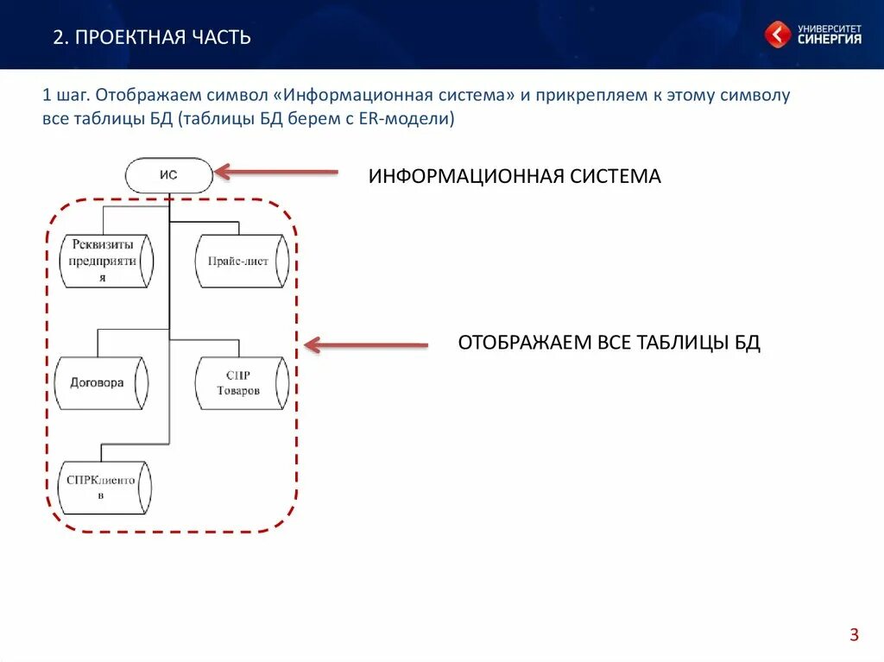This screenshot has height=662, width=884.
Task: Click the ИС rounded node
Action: [169, 175]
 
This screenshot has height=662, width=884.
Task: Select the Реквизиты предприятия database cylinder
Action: [106, 261]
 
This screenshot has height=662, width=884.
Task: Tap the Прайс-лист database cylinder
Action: [242, 261]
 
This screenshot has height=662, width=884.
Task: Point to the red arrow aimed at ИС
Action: [276, 172]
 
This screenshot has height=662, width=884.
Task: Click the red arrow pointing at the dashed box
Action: [366, 345]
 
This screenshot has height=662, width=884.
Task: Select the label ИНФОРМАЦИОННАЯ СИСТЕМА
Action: [515, 177]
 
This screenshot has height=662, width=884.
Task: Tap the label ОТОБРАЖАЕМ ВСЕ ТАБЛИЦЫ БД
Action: [609, 343]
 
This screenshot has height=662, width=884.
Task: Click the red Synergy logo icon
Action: [777, 35]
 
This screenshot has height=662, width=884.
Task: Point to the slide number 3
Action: [854, 635]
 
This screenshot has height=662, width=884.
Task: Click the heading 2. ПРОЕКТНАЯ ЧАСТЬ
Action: [152, 37]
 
